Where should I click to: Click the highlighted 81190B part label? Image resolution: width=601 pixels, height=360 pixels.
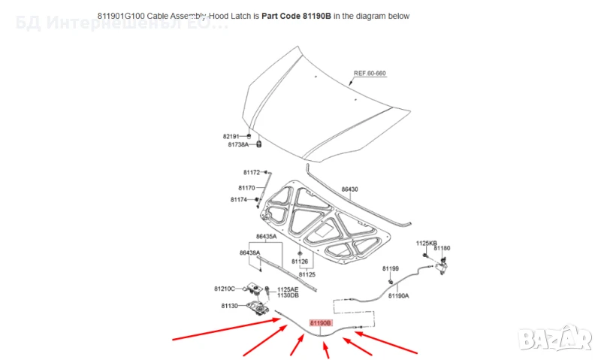click(x=321, y=322)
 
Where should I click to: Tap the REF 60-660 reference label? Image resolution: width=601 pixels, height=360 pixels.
click(x=370, y=74)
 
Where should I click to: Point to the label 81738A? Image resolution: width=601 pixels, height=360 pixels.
click(x=237, y=144)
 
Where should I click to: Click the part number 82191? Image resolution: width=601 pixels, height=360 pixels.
click(x=231, y=136)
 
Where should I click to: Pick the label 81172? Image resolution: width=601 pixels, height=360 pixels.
click(x=251, y=173)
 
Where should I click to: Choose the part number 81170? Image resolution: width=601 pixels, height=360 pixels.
click(x=247, y=188)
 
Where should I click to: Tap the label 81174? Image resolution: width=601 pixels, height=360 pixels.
click(x=239, y=200)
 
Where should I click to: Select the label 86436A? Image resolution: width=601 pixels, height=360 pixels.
click(x=250, y=253)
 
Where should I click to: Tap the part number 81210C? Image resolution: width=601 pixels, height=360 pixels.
click(x=224, y=289)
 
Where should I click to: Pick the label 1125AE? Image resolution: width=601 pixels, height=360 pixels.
click(x=288, y=289)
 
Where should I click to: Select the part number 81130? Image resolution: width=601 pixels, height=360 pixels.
click(x=229, y=306)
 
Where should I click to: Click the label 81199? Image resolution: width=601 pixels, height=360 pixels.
click(x=390, y=268)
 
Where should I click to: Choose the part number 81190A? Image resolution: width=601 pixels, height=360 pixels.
click(x=399, y=296)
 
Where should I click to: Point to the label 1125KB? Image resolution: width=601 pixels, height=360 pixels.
click(x=426, y=244)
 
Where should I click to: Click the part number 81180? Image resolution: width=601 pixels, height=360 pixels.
click(x=443, y=248)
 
